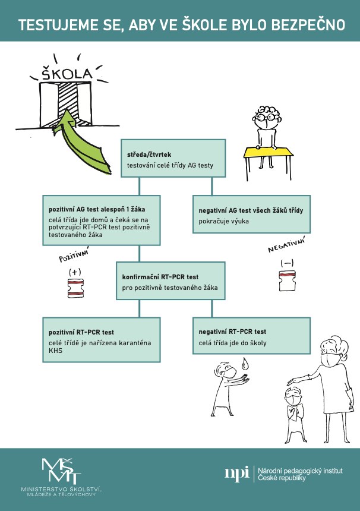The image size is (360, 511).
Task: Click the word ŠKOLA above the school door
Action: (67, 74)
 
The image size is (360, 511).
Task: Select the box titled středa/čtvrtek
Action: (173, 159)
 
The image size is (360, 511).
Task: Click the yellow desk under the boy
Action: (269, 153)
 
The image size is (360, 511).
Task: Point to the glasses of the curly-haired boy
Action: (267, 117)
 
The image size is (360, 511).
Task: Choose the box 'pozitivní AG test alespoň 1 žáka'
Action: (102, 220)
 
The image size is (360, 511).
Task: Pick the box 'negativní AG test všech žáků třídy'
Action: (251, 214)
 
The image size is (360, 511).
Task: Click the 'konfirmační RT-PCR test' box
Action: (170, 280)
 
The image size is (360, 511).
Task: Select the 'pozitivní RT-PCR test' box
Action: (102, 340)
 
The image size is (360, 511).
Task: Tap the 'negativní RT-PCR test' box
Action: (251, 336)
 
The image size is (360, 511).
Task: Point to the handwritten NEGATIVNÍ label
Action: (286, 245)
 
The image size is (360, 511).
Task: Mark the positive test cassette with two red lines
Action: (75, 288)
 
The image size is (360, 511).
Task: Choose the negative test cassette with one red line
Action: (288, 280)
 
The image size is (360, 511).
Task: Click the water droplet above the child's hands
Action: (245, 364)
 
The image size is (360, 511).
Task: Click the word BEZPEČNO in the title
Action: (308, 25)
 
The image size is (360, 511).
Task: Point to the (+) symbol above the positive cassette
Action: (75, 272)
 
